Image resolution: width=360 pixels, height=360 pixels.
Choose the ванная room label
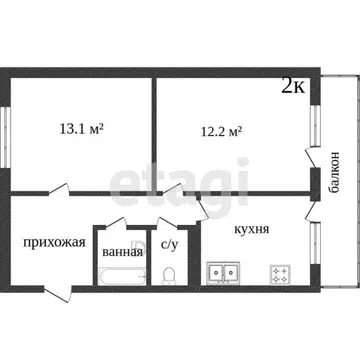coord(122,251)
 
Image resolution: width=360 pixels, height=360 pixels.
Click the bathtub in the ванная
coord(120,274)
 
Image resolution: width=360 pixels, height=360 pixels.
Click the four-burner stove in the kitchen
coord(278,270)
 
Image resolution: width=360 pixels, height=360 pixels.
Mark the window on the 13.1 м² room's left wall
coord(8,130)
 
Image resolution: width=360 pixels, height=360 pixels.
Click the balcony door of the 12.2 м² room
coord(309,160)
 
